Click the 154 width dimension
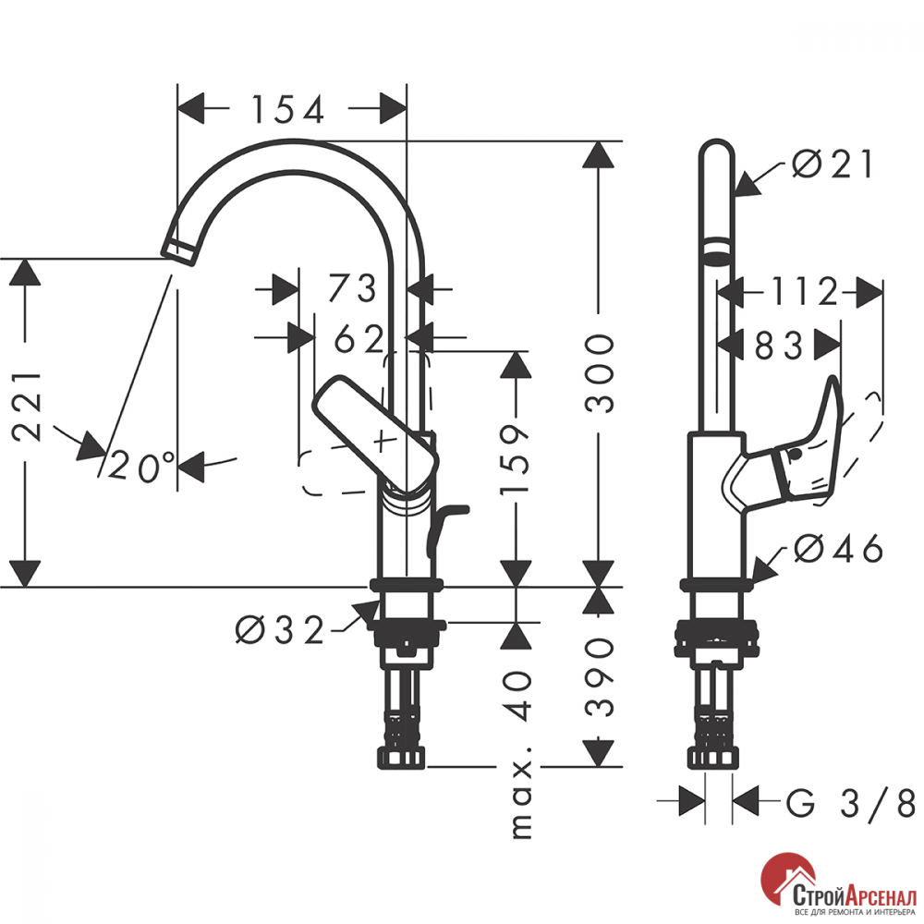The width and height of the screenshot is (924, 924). [x=288, y=109]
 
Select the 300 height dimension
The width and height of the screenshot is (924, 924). [x=600, y=373]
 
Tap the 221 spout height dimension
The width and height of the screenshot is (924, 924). [x=27, y=407]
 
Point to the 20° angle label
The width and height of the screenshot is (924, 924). [x=142, y=466]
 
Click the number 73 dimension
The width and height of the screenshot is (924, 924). [x=352, y=288]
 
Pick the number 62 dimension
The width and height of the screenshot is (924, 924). [x=359, y=338]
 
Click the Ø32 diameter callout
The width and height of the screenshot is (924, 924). [x=280, y=629]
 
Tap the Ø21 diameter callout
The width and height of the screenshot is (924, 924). [x=832, y=164]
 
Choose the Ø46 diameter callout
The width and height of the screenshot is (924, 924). [x=838, y=549]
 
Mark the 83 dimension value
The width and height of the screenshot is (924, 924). [x=778, y=346]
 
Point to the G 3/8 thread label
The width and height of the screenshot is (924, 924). [x=850, y=803]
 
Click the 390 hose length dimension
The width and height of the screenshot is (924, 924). [x=600, y=676]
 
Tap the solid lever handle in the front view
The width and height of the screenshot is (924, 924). [x=375, y=433]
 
